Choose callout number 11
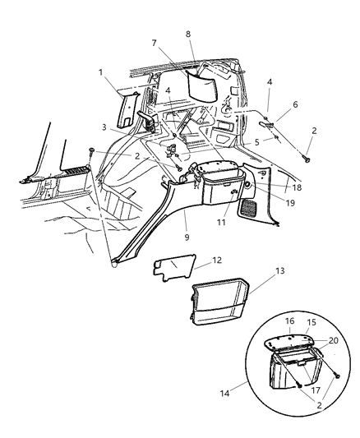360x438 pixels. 219,222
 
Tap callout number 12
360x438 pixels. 217,260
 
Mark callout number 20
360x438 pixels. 333,339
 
